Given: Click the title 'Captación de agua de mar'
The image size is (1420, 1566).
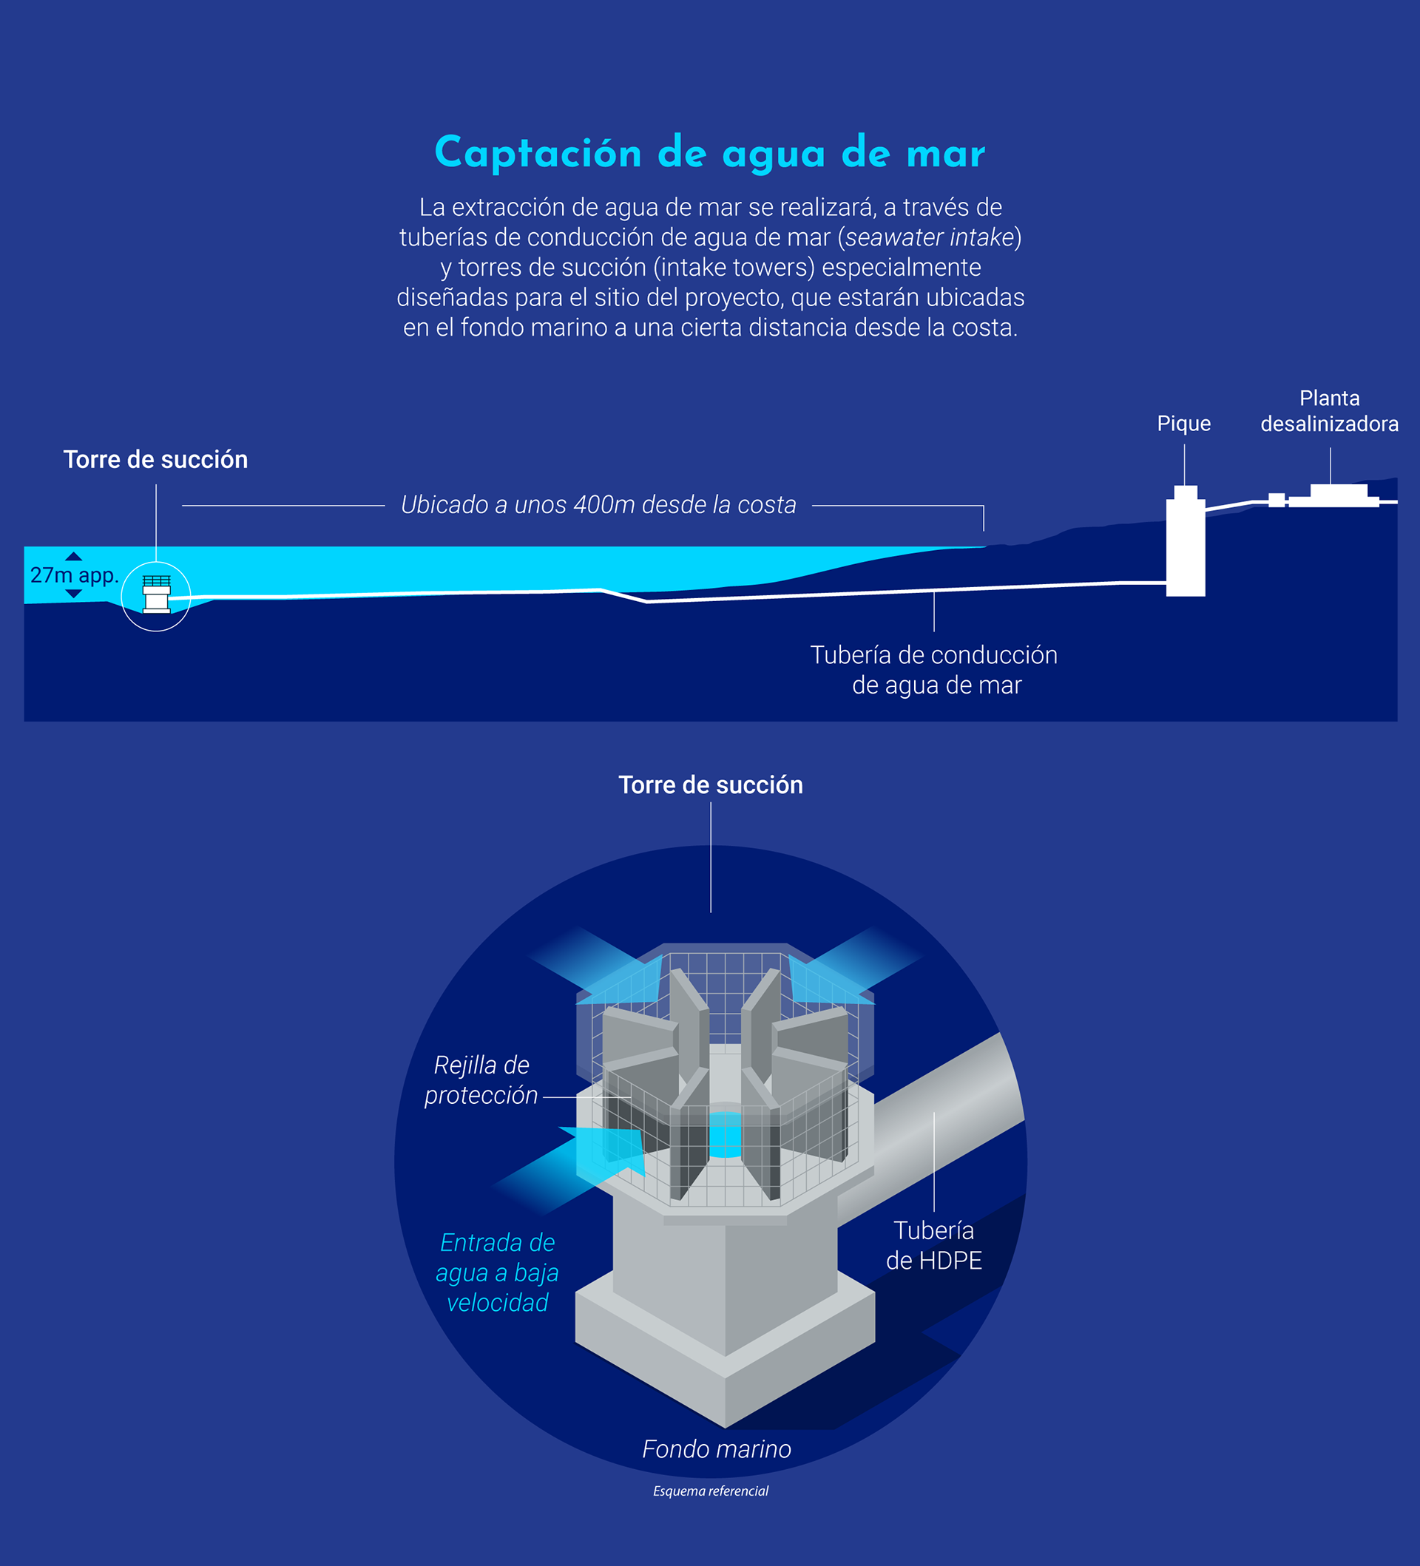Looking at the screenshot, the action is point(709,153).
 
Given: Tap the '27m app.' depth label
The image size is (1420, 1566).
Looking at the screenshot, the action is point(74,575).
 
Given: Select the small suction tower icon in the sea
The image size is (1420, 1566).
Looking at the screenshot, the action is point(156,594).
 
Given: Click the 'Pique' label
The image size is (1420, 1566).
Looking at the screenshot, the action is point(1183,424).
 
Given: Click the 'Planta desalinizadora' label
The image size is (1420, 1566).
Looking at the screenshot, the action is point(1329,411).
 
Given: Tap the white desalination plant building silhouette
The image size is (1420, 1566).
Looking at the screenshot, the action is point(1338,495).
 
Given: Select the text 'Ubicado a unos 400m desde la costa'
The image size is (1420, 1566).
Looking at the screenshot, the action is point(598,505).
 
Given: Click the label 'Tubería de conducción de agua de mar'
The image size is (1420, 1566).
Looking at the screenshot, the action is point(933,670).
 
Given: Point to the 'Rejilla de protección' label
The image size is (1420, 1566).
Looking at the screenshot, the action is point(481,1079).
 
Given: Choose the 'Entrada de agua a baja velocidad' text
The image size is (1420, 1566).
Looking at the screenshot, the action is point(497,1272).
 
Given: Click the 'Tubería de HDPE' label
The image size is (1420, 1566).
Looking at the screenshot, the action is point(933,1245).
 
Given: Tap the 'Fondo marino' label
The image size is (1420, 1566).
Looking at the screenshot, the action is point(716,1449).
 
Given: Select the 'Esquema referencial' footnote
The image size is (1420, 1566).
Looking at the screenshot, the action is point(710,1491).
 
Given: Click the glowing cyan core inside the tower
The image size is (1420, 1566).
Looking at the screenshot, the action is point(726,1134).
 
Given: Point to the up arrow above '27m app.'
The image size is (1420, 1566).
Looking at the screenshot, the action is point(74,556).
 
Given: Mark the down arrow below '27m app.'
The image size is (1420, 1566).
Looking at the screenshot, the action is point(74,594).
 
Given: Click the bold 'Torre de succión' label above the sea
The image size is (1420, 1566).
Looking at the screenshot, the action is point(155,460).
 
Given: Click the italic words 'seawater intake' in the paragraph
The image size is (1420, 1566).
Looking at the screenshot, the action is point(930,237).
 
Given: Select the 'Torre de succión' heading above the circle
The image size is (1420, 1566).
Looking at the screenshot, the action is point(710,785).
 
